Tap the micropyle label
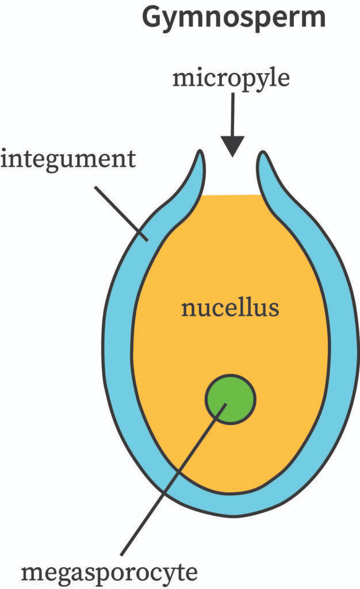point(231,79)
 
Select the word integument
point(68,160)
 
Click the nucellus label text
point(230,308)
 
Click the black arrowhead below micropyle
point(233,146)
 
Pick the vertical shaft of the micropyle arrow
point(233,114)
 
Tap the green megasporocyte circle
point(231,399)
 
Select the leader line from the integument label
point(121,213)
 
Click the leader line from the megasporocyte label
point(174,479)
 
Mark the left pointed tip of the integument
point(201,151)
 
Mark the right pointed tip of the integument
point(263,152)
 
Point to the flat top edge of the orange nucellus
point(232,196)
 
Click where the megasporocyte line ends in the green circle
point(227,404)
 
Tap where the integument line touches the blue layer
point(147,240)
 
